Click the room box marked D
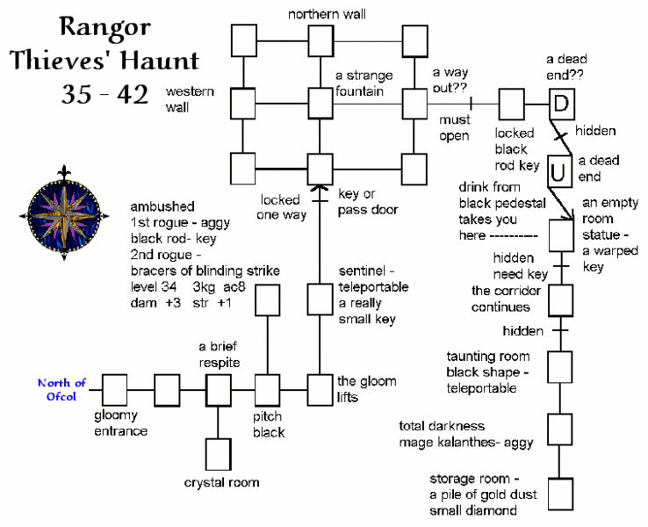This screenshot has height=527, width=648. (563, 103)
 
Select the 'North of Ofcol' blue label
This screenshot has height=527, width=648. (61, 387)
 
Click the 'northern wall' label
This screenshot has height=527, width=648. (327, 14)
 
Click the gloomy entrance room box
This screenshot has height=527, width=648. (114, 387)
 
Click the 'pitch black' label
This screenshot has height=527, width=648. (268, 425)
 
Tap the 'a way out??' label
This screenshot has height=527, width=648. (452, 81)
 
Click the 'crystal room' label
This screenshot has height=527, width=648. (221, 483)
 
